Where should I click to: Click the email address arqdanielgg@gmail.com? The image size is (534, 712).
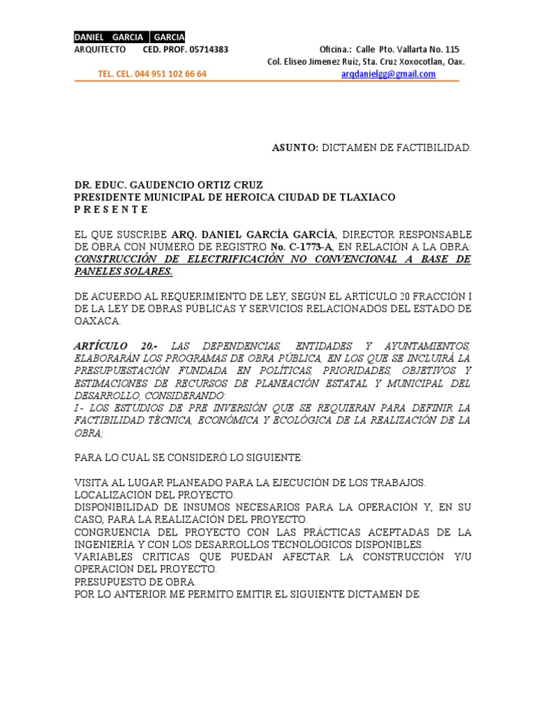pyautogui.click(x=389, y=74)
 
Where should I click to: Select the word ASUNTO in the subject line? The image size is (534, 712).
pyautogui.click(x=294, y=148)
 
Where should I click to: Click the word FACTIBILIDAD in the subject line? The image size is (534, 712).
pyautogui.click(x=434, y=148)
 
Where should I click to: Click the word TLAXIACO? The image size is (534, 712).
pyautogui.click(x=364, y=197)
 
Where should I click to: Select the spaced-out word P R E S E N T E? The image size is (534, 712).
pyautogui.click(x=111, y=209)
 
